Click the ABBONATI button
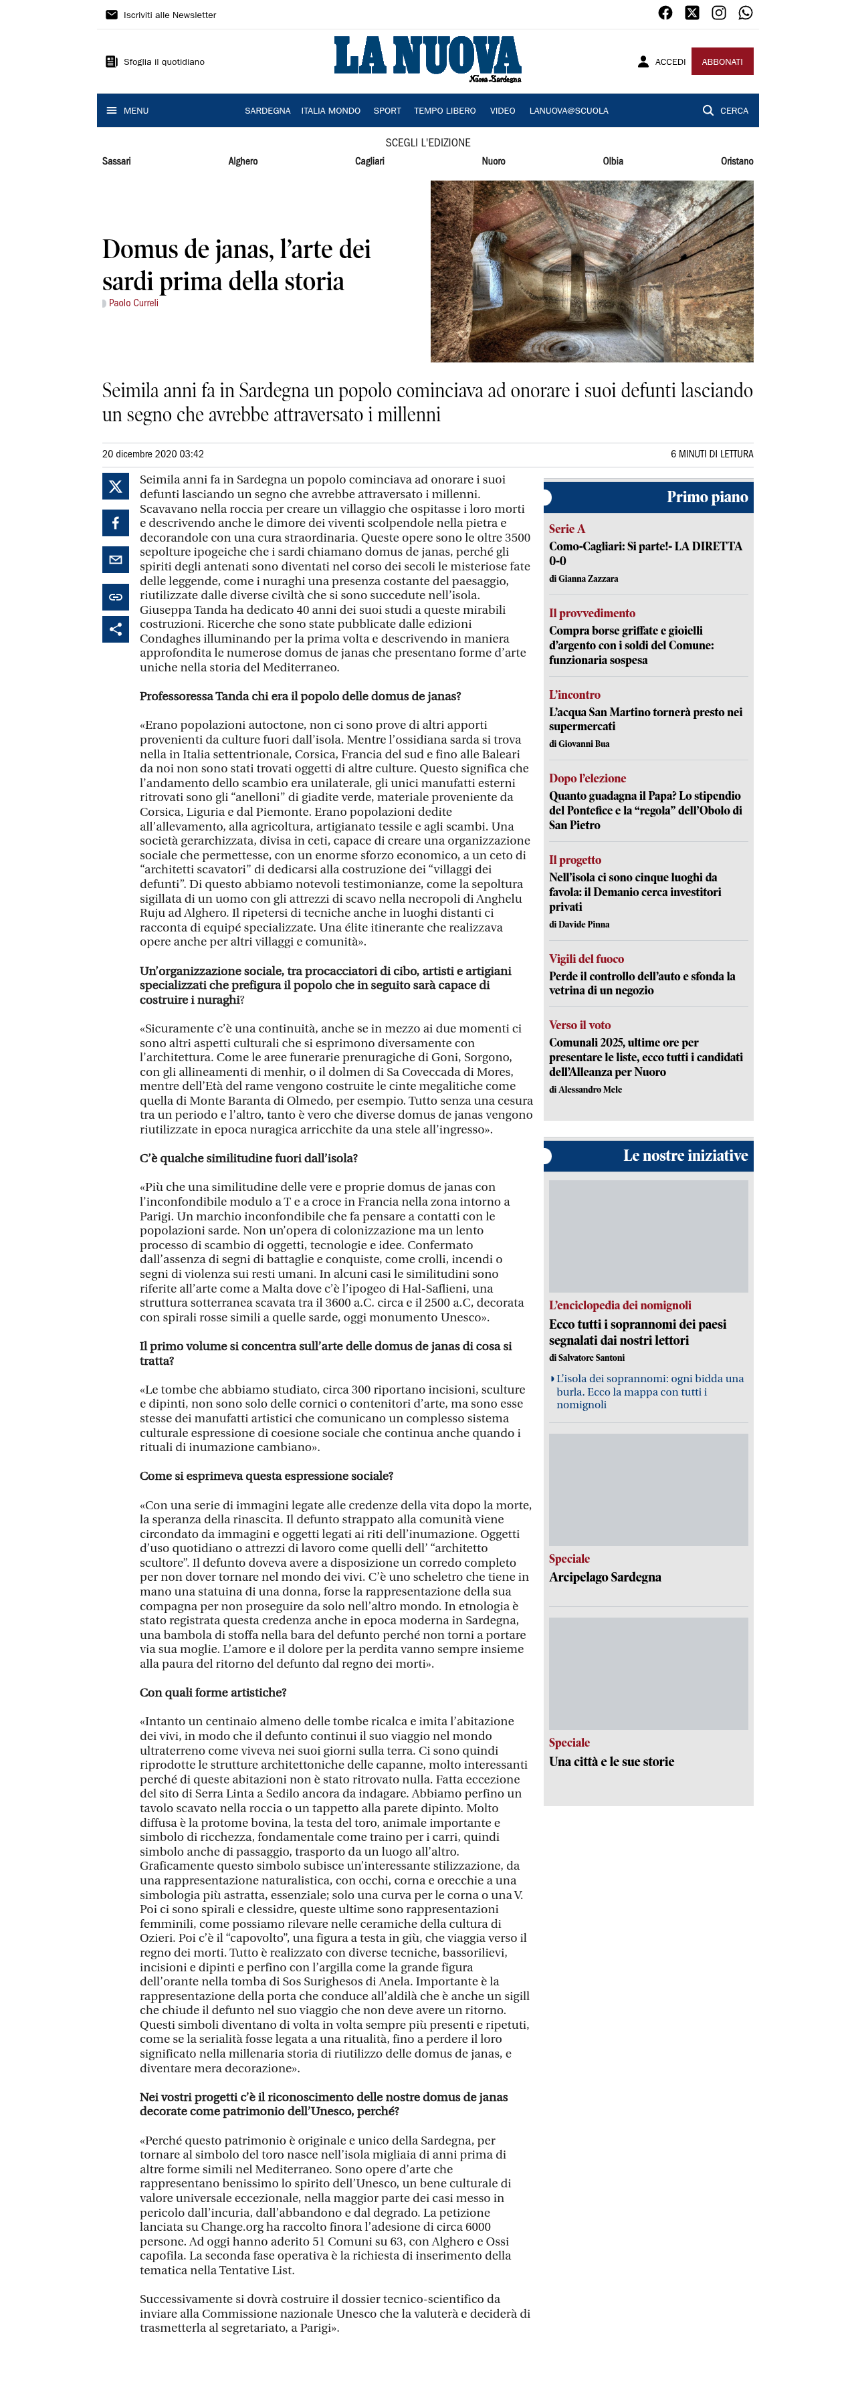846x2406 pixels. point(722,62)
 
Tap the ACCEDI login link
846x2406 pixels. point(662,62)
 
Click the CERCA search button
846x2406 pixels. point(726,110)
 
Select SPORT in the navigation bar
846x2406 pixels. point(387,110)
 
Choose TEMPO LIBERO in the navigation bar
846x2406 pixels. point(445,110)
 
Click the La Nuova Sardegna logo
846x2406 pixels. point(427,59)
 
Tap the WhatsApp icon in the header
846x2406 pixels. point(745,13)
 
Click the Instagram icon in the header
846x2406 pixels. point(719,13)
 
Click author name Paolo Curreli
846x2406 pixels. point(134,303)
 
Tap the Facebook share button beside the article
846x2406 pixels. point(116,523)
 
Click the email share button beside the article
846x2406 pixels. point(116,560)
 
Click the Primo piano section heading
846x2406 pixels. point(706,497)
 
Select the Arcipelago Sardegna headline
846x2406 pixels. point(605,1577)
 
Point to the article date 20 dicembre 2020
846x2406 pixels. point(152,454)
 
